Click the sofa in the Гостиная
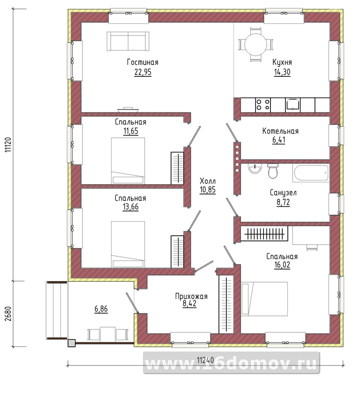128,41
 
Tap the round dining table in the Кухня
255,45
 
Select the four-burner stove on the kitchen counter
263,105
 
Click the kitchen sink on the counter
293,105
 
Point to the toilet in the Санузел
273,171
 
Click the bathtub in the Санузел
311,172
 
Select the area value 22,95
143,72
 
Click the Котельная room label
280,131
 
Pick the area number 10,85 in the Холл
208,190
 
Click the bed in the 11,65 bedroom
128,161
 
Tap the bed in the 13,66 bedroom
128,244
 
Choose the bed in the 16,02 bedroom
264,299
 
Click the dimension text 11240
206,360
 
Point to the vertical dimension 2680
8,314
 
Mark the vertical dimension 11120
8,145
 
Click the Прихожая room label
191,296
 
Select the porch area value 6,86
101,309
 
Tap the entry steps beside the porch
57,310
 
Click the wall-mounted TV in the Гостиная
128,109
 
